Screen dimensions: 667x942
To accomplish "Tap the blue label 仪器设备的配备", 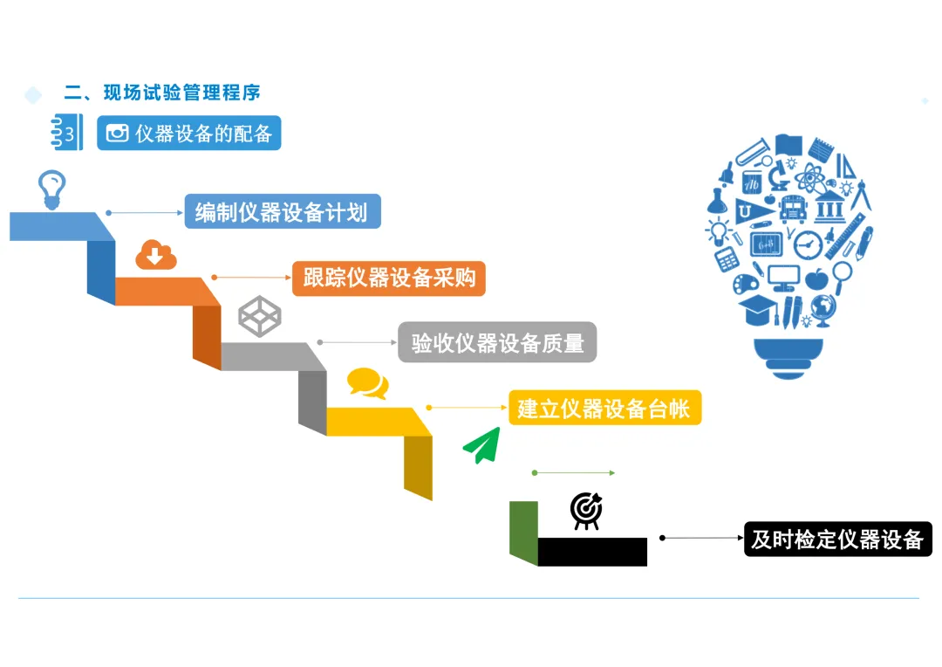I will click(x=189, y=134).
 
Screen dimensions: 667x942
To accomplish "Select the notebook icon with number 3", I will click(x=67, y=134).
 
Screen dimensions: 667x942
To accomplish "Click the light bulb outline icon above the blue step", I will click(x=51, y=189).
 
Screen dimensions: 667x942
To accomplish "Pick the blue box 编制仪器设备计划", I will click(x=282, y=212).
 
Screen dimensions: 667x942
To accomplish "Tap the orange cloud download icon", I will click(x=156, y=256).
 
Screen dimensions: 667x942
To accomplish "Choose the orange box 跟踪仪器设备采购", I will click(x=389, y=278).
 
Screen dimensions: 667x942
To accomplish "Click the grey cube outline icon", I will click(x=260, y=317).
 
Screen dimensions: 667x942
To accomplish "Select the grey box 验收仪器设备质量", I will click(x=497, y=342).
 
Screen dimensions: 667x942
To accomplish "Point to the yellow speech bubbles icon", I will click(x=367, y=384).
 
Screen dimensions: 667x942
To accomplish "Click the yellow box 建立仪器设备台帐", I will click(x=604, y=408).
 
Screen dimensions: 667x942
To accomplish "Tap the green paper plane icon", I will click(x=481, y=445).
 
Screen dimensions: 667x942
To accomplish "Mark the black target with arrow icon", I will click(x=585, y=511).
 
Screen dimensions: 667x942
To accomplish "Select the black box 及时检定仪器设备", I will click(x=837, y=539).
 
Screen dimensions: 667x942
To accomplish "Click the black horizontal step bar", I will click(x=592, y=552).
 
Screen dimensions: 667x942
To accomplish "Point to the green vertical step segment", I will click(x=523, y=531).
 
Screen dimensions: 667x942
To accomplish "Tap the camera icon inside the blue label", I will click(x=117, y=134).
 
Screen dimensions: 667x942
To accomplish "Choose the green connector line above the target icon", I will click(x=573, y=472).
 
